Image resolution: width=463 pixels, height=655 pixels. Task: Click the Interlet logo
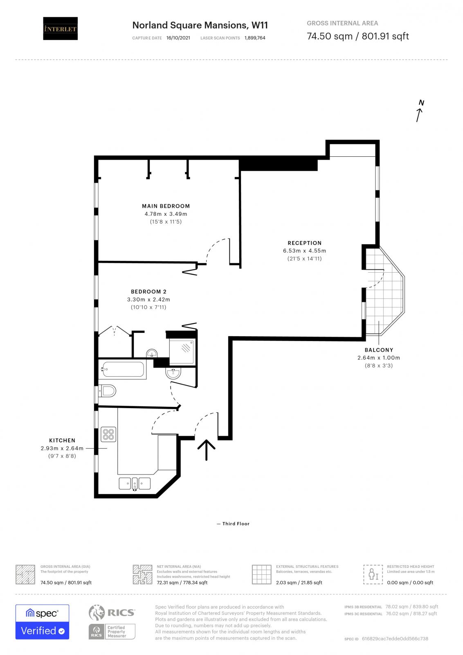click(x=60, y=28)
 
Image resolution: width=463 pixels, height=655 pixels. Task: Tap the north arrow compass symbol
click(x=420, y=111)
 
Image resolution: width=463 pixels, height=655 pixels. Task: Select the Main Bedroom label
click(x=166, y=206)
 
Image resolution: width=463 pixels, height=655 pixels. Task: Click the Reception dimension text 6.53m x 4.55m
click(x=304, y=251)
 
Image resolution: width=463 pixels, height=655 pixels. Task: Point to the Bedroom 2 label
click(x=148, y=291)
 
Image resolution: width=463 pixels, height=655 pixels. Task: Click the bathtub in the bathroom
click(x=123, y=369)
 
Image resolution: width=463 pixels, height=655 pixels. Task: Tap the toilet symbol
click(x=108, y=391)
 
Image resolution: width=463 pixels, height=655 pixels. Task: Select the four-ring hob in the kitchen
click(x=108, y=434)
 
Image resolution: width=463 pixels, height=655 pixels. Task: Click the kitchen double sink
click(x=135, y=483)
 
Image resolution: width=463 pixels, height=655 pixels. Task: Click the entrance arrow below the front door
click(x=206, y=449)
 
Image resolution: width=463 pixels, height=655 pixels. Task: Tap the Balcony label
click(x=379, y=350)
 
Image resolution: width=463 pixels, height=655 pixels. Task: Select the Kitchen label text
click(x=62, y=440)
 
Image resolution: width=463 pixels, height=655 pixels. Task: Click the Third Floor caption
click(x=236, y=524)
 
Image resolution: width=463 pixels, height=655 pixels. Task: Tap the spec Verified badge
click(x=42, y=622)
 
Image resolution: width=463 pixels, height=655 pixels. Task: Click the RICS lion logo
click(x=97, y=612)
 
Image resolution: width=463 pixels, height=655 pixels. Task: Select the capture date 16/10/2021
click(x=178, y=38)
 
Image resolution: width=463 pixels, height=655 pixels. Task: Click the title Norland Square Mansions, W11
click(x=200, y=25)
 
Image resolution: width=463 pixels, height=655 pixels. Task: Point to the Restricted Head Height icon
click(x=373, y=574)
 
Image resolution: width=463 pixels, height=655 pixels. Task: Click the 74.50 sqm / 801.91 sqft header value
click(x=357, y=36)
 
